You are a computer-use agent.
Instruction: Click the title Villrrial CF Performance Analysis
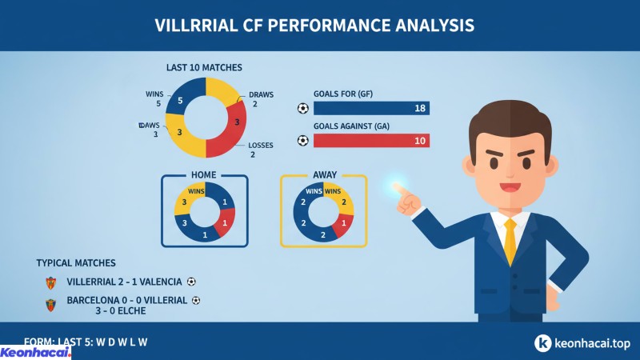314,25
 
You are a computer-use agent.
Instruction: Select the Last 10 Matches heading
204,67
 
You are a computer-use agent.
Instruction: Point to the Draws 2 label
261,99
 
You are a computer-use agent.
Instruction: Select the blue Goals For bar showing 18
371,109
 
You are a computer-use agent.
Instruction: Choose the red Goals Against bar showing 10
371,141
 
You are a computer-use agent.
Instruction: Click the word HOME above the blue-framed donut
205,175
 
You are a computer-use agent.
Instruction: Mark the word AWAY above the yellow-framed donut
323,175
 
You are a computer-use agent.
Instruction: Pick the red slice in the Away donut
343,224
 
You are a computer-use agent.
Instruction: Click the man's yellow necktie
510,241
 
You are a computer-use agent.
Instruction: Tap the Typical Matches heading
76,263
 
